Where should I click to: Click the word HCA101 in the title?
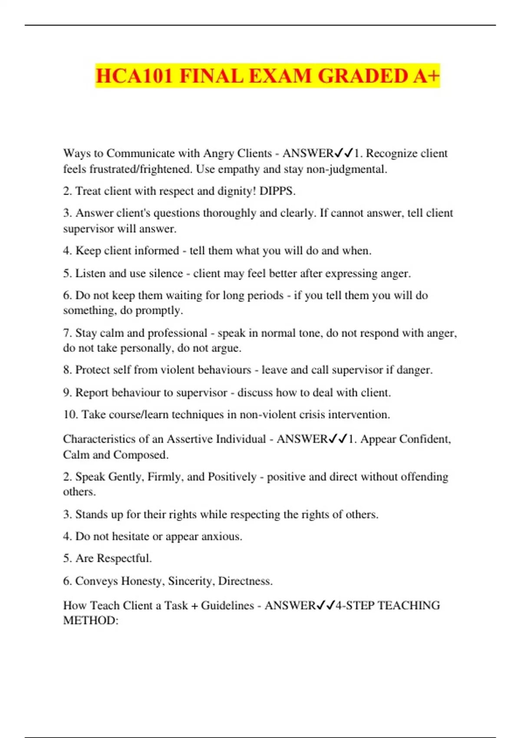(x=134, y=76)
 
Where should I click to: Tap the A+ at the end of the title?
(x=426, y=76)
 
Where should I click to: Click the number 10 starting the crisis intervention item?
(x=70, y=415)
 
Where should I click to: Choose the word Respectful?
(x=124, y=558)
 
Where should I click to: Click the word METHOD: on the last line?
(x=91, y=620)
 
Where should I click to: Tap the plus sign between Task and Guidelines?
(x=194, y=606)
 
